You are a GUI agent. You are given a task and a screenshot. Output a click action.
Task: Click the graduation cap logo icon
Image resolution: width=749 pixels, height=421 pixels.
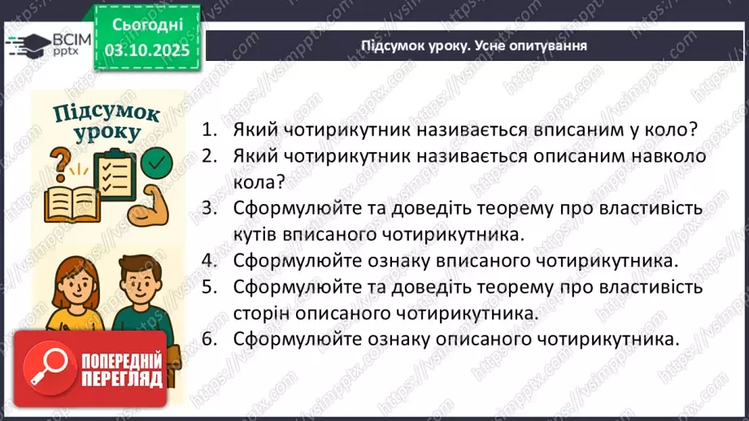[27, 42]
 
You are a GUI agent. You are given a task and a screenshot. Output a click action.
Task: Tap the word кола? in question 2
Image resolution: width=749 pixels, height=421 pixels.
[254, 182]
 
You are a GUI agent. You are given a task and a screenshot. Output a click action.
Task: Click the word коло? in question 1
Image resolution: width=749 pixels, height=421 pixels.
[668, 130]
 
